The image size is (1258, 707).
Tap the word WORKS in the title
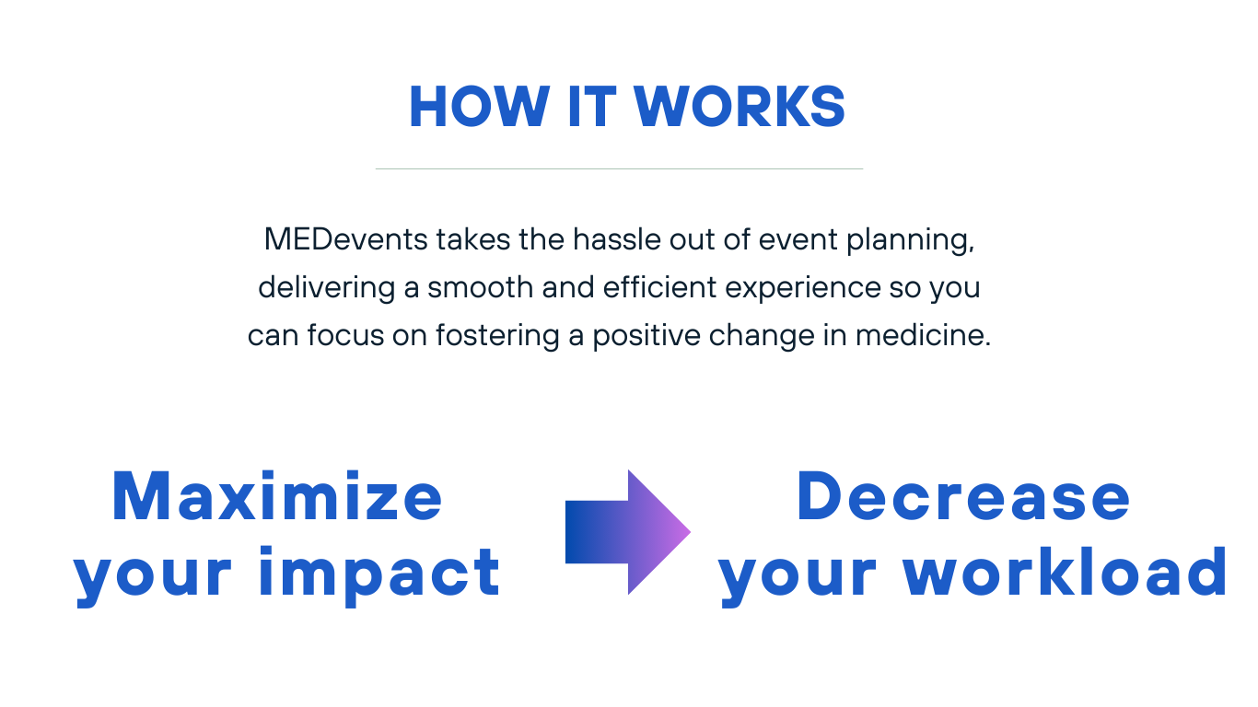point(740,107)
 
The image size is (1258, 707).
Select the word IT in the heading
point(592,107)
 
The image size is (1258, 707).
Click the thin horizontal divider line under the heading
point(619,168)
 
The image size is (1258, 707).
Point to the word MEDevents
point(346,239)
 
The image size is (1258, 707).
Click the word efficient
point(660,287)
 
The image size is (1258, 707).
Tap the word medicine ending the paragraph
point(923,335)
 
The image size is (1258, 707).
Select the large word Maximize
point(277,496)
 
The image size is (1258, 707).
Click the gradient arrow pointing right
point(628,532)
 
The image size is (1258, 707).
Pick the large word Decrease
point(963,496)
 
